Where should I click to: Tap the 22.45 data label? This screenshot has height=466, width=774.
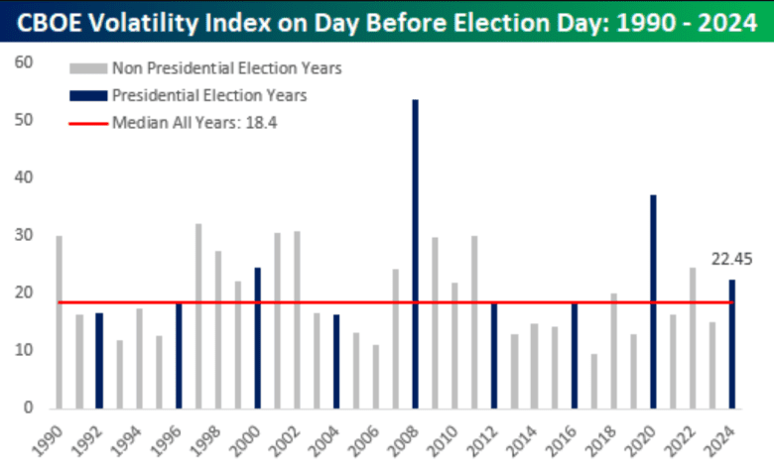[732, 260]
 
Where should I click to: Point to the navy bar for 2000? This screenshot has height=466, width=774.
[257, 338]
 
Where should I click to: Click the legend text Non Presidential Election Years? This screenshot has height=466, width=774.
[227, 68]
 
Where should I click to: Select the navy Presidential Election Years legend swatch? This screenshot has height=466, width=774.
[86, 96]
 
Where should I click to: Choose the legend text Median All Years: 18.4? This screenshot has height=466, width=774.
[189, 123]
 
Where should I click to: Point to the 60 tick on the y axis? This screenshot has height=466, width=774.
[24, 62]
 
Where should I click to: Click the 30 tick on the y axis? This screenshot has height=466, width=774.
[24, 235]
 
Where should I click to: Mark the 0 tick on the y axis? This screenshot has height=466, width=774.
[29, 408]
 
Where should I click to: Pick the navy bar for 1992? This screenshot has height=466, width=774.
[99, 361]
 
